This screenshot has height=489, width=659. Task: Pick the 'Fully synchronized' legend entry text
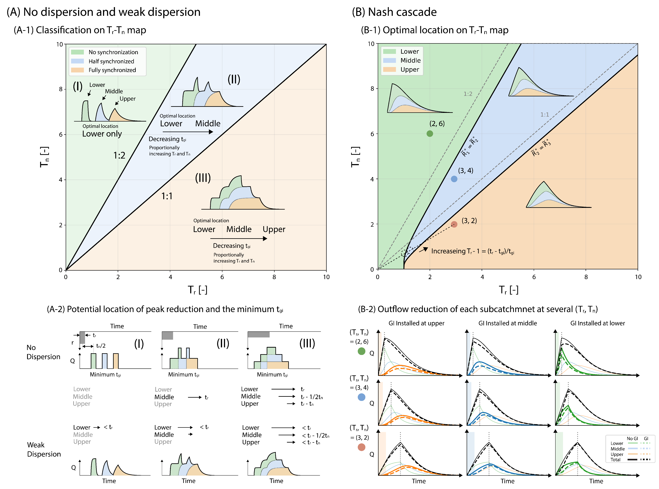112,70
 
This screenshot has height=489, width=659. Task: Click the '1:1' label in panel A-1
167,196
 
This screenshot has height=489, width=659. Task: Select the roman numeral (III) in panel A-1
203,178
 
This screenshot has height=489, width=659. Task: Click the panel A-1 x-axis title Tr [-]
198,290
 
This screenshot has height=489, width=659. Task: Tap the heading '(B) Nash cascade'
394,12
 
